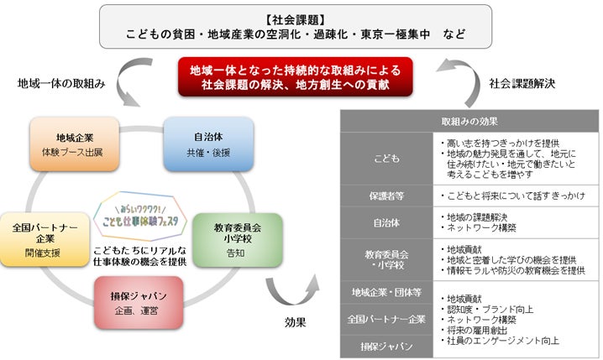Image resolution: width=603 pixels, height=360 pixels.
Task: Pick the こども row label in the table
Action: point(386,157)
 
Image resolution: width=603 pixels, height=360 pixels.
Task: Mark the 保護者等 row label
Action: point(386,196)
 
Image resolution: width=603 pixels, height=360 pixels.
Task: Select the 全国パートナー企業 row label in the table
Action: point(386,319)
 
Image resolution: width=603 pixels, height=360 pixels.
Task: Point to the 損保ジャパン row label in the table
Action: point(386,346)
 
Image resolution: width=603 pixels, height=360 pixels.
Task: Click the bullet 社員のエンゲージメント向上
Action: point(504,342)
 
